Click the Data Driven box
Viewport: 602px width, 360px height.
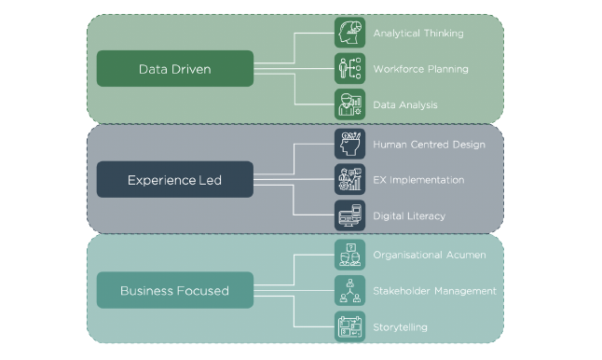tap(175, 69)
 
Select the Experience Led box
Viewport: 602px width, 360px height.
tap(175, 179)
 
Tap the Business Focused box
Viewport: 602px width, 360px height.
tap(175, 290)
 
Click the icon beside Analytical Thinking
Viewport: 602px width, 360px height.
tap(349, 34)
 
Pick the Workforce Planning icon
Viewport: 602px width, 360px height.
tap(349, 69)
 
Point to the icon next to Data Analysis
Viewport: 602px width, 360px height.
tap(349, 104)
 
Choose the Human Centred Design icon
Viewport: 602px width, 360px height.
tap(349, 144)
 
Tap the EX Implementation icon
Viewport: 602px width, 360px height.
tap(349, 179)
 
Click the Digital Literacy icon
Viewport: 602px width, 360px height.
tap(349, 215)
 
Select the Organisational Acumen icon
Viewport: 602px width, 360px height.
tap(349, 254)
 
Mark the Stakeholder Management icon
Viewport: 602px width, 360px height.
tap(349, 290)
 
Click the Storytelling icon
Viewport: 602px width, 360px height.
tap(349, 326)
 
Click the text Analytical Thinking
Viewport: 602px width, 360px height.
tap(417, 34)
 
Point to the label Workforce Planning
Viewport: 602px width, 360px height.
tap(420, 69)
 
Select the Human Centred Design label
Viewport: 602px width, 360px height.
tap(429, 145)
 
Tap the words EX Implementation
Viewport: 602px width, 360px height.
tap(418, 180)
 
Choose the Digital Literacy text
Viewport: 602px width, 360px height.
tap(409, 216)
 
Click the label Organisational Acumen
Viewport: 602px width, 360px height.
tap(428, 255)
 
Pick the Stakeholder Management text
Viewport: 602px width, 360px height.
tap(434, 291)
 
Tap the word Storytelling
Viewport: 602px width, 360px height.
tap(401, 327)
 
